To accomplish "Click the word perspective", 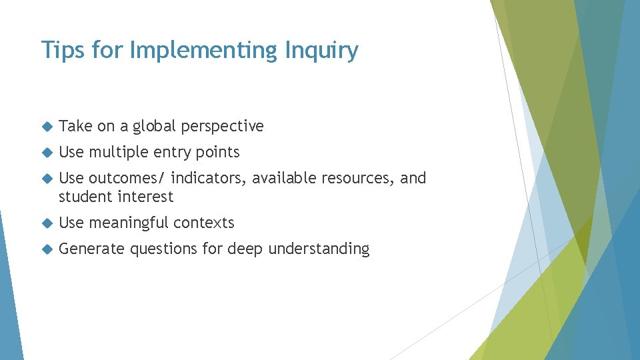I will coord(223,127).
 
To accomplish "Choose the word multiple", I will coord(119,152).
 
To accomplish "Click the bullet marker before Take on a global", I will coord(45,126).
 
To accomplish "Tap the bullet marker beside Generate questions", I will coord(45,249).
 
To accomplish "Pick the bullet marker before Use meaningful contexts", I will coord(45,223).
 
